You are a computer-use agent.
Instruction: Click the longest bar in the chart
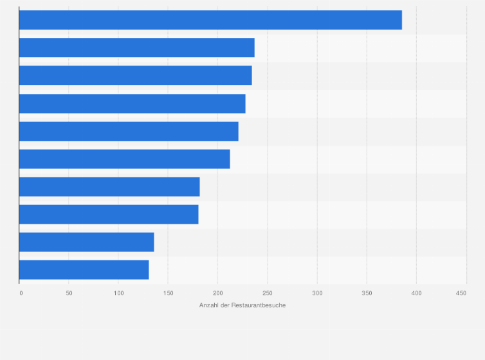[210, 20]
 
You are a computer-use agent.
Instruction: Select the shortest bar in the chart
[84, 269]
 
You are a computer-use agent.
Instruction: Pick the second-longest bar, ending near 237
[136, 48]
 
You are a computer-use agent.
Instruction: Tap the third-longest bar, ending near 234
[135, 75]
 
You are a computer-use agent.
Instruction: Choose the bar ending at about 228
[132, 104]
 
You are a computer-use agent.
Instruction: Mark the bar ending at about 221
[129, 131]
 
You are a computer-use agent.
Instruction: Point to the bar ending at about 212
[124, 159]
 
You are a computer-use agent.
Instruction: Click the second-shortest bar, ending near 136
[86, 242]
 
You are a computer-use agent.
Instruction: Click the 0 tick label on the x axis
[21, 293]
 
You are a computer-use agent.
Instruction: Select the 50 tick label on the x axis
[69, 293]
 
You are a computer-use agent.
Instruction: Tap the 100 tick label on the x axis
[118, 293]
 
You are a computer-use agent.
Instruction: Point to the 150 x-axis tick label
[168, 293]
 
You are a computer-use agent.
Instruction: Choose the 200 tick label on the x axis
[217, 293]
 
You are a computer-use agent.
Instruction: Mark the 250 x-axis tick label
[268, 293]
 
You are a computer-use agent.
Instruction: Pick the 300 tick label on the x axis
[317, 293]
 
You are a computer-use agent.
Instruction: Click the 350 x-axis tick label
[367, 293]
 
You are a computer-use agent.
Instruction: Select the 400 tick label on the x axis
[416, 293]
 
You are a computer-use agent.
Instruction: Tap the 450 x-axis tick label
[461, 293]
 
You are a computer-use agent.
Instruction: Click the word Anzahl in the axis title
[209, 305]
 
